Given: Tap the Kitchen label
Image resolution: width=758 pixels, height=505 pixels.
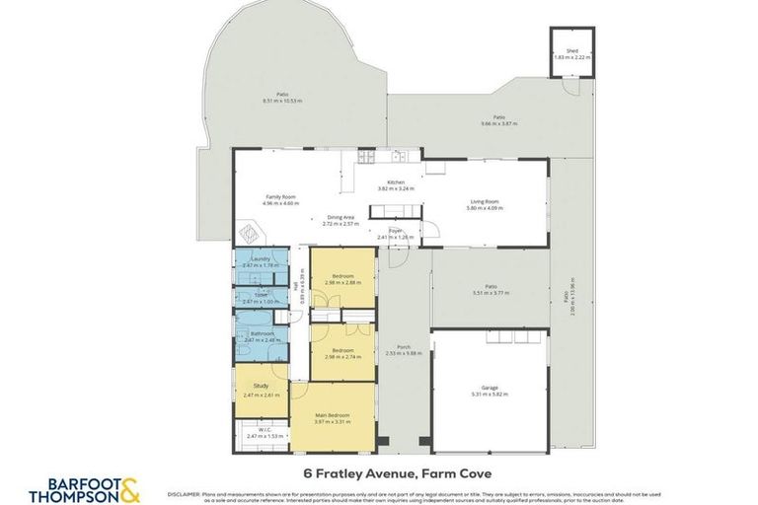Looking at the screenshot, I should (396, 182).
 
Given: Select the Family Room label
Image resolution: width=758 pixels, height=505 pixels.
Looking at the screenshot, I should (281, 196).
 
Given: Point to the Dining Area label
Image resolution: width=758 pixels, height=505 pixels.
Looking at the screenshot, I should (341, 218).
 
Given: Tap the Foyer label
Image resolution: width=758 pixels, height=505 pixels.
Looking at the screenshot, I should (395, 231).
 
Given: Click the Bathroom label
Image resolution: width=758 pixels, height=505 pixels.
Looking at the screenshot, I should (262, 333).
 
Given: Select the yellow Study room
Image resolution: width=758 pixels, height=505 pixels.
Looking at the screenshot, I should (262, 390).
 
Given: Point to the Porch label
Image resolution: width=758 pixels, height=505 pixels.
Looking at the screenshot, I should (403, 347).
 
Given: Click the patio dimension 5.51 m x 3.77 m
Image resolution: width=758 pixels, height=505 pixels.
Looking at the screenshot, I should (490, 293).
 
